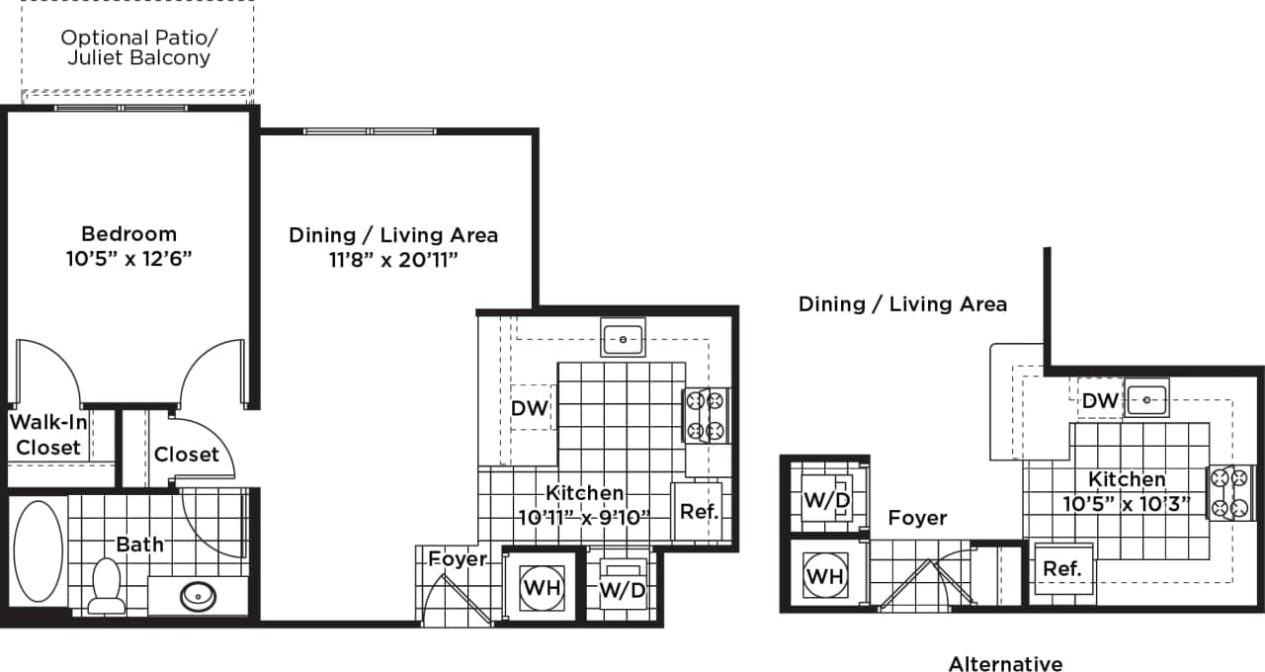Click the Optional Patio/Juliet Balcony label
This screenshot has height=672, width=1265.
click(x=138, y=47)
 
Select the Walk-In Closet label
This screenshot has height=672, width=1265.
click(x=47, y=436)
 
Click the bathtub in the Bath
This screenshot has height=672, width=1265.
click(x=38, y=551)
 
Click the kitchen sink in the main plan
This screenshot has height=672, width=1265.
click(x=624, y=337)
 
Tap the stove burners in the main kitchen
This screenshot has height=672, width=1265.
click(x=706, y=416)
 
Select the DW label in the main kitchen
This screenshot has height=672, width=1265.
click(x=530, y=408)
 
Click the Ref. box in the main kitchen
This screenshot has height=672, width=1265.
click(x=699, y=511)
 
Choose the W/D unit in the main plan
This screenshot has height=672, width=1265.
click(x=623, y=589)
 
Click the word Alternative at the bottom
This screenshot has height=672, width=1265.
click(x=1005, y=664)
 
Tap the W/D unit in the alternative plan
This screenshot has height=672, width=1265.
click(x=826, y=500)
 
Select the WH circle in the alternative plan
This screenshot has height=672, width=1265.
click(x=824, y=574)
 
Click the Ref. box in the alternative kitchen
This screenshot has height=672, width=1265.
click(x=1062, y=569)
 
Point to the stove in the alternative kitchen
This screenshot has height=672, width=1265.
click(x=1229, y=492)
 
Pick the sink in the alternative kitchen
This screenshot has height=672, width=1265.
click(x=1146, y=399)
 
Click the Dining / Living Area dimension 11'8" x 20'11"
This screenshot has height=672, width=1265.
click(x=392, y=260)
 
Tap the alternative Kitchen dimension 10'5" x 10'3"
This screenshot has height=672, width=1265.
click(x=1127, y=503)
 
